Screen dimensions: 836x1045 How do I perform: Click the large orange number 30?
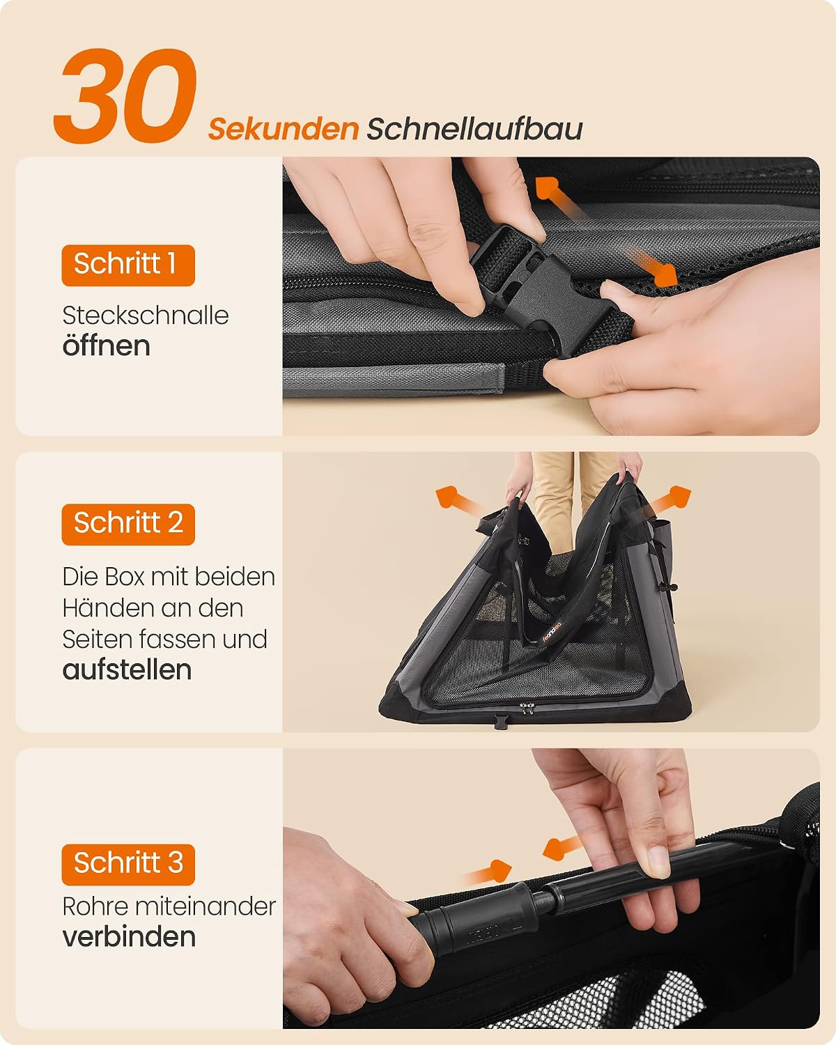[125, 95]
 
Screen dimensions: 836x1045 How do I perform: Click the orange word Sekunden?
[284, 129]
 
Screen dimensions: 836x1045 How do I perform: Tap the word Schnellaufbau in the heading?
[474, 129]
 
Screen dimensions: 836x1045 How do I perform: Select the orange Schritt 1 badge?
[128, 265]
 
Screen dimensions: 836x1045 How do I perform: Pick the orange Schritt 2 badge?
[128, 525]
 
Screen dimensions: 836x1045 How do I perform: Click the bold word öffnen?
[107, 346]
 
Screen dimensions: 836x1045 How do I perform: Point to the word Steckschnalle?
[145, 316]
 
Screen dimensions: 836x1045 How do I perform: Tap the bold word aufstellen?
[127, 670]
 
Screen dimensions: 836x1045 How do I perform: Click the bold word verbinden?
[129, 937]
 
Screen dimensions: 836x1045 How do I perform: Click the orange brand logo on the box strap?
[552, 631]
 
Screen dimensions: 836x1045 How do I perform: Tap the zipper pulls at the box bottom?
[525, 709]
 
